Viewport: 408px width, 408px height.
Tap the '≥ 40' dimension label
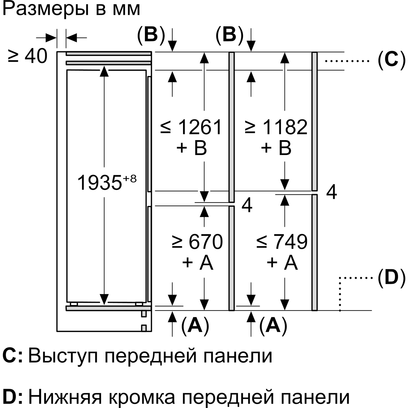[27, 56]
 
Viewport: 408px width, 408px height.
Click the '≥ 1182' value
[276, 127]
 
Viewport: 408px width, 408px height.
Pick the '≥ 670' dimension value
[197, 242]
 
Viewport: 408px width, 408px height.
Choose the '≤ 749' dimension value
[282, 242]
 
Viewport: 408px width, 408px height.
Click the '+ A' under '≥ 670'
[197, 263]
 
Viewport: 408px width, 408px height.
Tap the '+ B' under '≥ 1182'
[276, 149]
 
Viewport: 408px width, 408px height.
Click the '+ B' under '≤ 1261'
[191, 149]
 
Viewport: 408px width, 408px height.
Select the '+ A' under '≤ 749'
[282, 263]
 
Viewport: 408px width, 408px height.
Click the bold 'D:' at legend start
[13, 397]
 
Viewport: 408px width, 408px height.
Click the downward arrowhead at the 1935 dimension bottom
[104, 299]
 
